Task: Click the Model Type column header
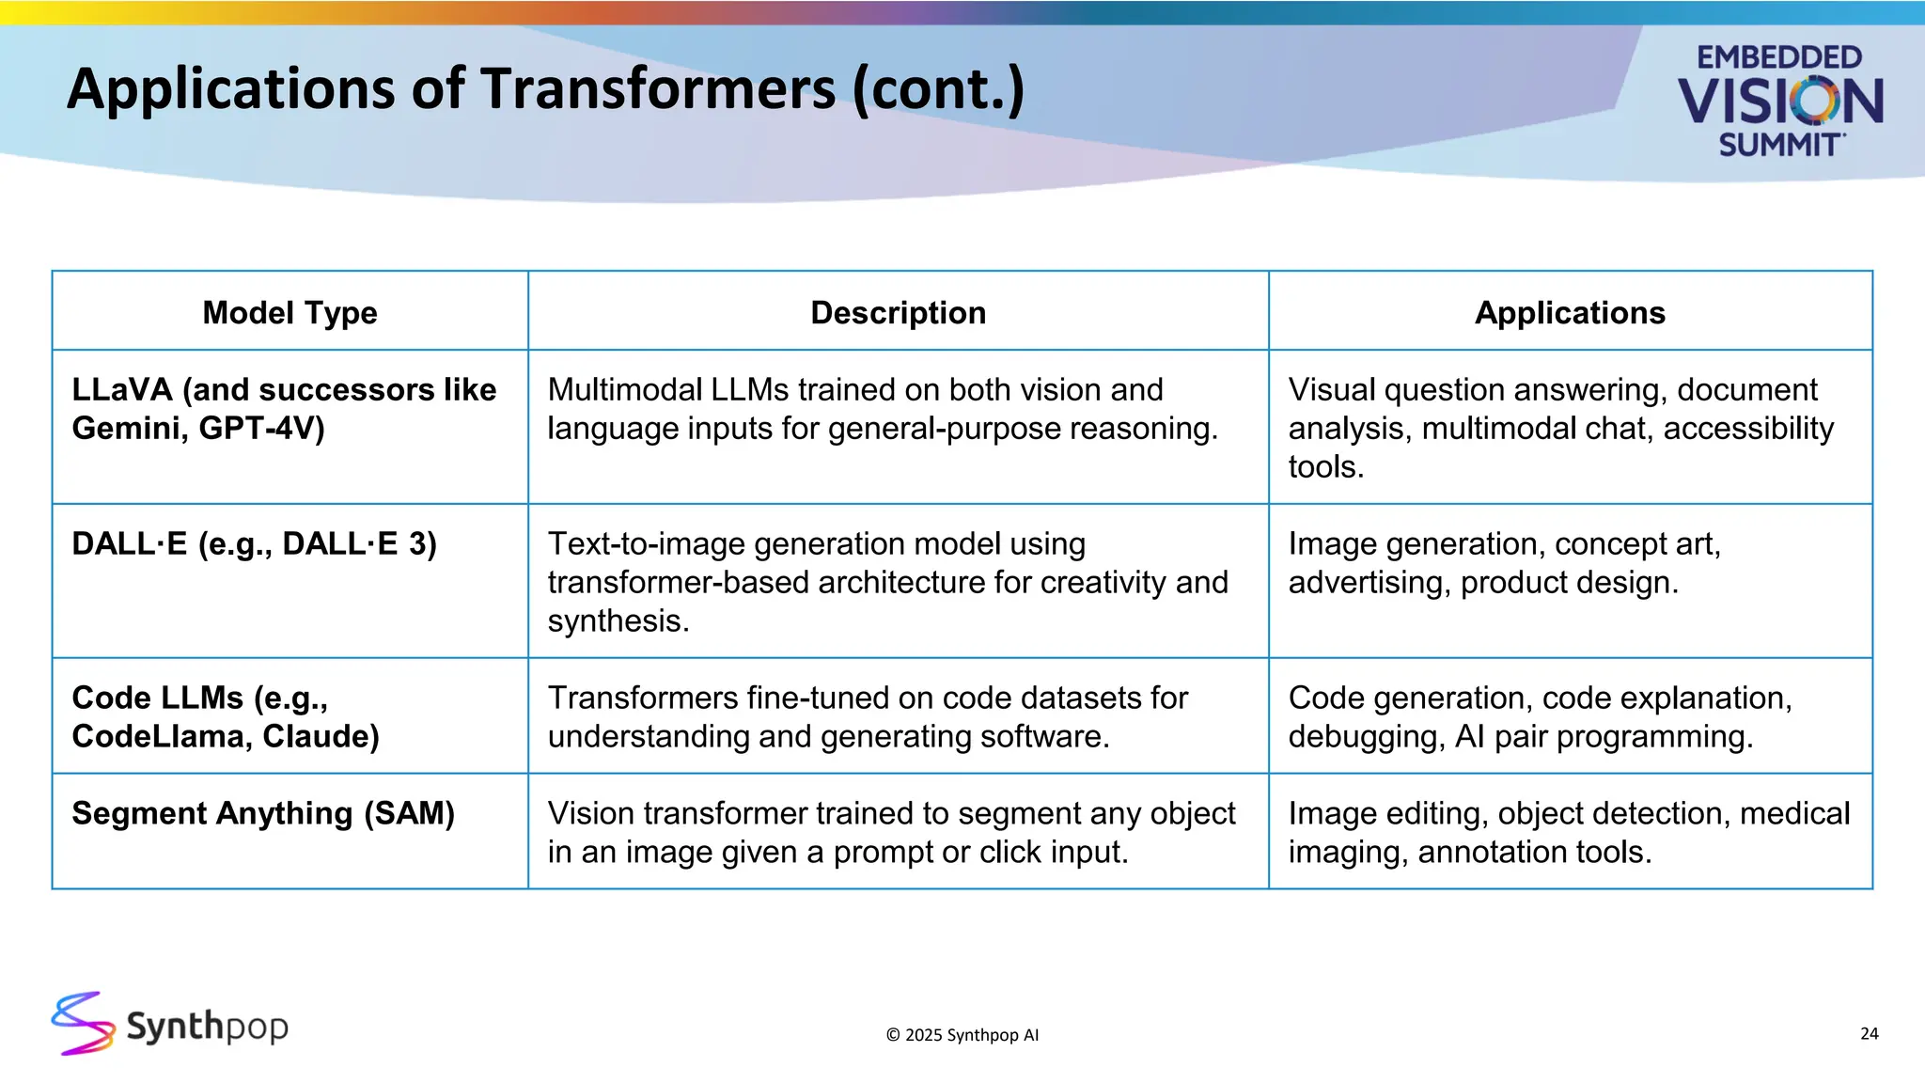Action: point(290,312)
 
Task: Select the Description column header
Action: point(898,312)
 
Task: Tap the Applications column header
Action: point(1570,312)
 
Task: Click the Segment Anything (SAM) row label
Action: point(263,813)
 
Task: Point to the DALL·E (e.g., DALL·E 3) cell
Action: point(254,544)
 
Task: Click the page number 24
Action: point(1869,1033)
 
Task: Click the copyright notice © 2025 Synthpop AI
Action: point(962,1035)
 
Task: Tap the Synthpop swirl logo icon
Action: point(83,1023)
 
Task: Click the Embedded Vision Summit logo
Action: point(1779,101)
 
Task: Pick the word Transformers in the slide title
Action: point(658,89)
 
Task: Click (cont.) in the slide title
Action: point(938,89)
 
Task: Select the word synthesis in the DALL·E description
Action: point(617,621)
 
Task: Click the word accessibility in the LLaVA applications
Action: point(1748,429)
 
